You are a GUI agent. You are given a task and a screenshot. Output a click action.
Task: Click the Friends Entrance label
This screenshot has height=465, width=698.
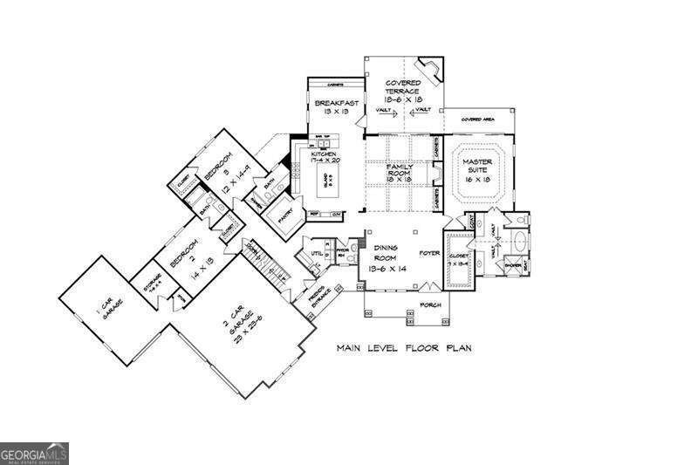pos(311,294)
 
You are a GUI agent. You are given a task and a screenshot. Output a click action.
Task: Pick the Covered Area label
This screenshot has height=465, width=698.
pos(479,119)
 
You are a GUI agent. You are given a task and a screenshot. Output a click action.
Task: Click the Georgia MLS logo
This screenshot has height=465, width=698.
pos(33,454)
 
